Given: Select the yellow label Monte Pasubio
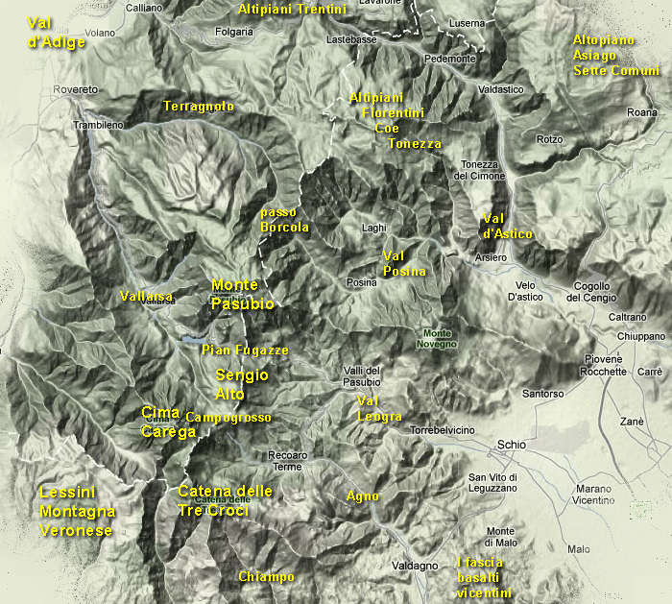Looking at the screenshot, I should point(242,295).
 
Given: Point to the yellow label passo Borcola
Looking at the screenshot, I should point(284,220).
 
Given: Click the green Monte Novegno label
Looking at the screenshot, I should point(437,337).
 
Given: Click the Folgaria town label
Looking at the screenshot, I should point(233,32).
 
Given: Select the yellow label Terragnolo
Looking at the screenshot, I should point(199,107).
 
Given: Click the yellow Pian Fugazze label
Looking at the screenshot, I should point(245,350).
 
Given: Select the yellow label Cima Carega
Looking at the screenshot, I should point(168,423).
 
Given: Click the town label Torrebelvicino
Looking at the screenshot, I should point(442,431).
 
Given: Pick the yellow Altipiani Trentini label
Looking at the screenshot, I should point(291,9).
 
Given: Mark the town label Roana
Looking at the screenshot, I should point(641,112).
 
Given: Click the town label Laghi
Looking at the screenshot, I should point(374,228).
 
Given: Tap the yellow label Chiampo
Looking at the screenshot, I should point(266,577).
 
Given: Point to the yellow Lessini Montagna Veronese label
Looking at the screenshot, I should point(76,512).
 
